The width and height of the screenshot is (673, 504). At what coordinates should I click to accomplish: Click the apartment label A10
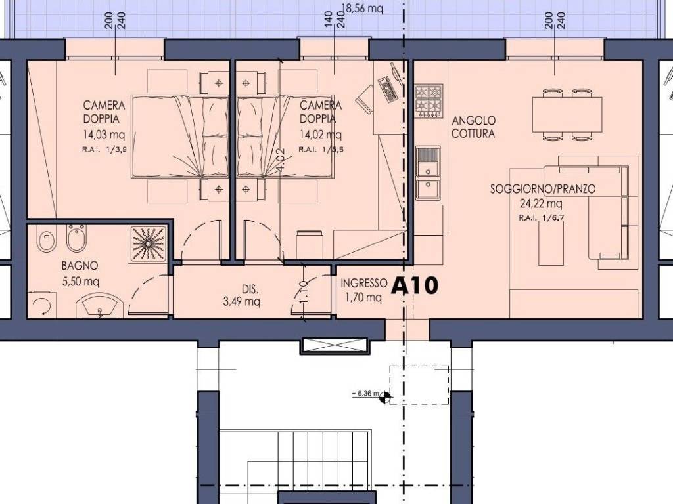pyautogui.click(x=414, y=286)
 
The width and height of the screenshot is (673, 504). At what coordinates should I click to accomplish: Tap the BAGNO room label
pyautogui.click(x=80, y=266)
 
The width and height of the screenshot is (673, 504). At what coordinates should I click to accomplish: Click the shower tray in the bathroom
pyautogui.click(x=148, y=245)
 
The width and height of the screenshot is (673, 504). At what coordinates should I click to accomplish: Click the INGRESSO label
pyautogui.click(x=363, y=283)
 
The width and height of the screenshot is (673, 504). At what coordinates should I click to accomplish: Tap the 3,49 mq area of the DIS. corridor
pyautogui.click(x=241, y=302)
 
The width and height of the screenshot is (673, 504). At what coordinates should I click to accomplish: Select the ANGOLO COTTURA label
pyautogui.click(x=473, y=127)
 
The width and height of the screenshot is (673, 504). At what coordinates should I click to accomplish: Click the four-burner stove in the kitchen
pyautogui.click(x=427, y=100)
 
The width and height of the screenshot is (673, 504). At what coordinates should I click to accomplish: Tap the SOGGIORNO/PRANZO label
pyautogui.click(x=543, y=189)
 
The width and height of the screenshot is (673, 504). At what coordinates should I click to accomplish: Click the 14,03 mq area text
pyautogui.click(x=104, y=136)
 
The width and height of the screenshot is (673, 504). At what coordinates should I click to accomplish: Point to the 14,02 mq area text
pyautogui.click(x=320, y=135)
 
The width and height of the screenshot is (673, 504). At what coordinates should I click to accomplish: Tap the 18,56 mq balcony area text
pyautogui.click(x=362, y=9)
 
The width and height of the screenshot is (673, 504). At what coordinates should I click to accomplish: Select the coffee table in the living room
pyautogui.click(x=551, y=243)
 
